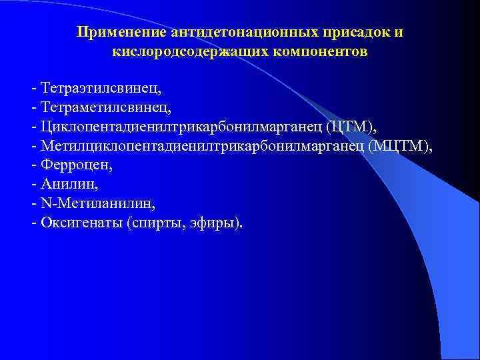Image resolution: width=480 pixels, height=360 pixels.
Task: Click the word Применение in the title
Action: [121, 33]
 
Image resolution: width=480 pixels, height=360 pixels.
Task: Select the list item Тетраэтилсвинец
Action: [101, 88]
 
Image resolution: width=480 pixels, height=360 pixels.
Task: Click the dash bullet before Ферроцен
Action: [33, 165]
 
